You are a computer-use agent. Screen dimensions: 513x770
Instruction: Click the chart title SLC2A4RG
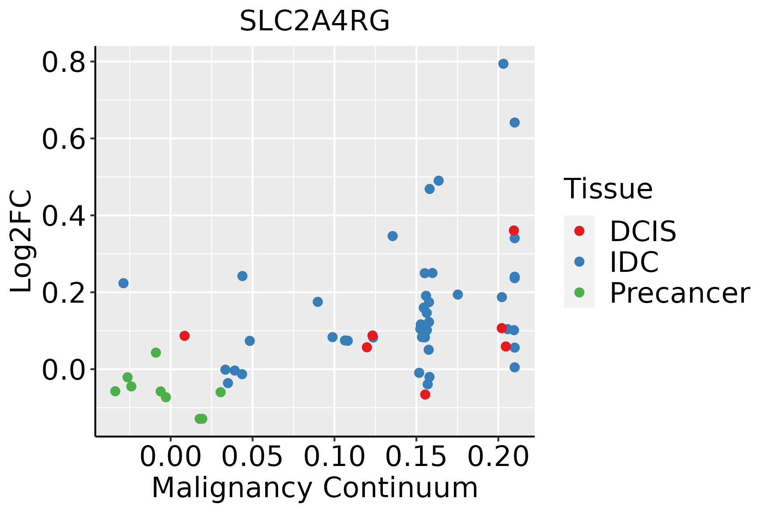[314, 21]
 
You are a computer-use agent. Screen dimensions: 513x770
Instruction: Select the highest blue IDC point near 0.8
[503, 64]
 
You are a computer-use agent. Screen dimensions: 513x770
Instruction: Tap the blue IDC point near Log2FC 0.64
[514, 123]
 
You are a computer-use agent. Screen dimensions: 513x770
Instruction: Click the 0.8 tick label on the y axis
[63, 62]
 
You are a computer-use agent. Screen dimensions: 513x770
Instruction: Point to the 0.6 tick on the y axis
[63, 139]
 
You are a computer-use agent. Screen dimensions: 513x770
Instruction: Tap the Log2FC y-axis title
[21, 242]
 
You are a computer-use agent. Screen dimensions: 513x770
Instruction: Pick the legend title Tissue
[608, 189]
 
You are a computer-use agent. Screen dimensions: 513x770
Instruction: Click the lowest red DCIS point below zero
[425, 394]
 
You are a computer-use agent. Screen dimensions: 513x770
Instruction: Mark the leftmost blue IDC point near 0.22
[123, 283]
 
